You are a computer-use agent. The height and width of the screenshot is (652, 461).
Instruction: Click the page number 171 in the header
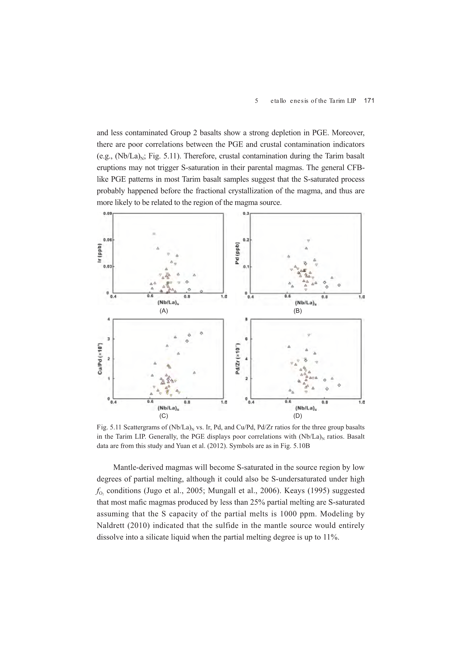[369, 100]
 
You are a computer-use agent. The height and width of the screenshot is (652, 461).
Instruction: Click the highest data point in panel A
[154, 234]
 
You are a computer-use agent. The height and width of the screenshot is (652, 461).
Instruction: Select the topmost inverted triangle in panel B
[308, 240]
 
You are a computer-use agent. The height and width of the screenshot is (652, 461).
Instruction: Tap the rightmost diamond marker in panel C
[201, 333]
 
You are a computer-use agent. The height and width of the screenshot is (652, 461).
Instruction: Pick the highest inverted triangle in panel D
[309, 335]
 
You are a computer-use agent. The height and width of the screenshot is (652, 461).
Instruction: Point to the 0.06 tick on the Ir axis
[107, 240]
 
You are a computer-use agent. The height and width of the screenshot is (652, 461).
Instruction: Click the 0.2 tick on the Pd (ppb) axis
[245, 240]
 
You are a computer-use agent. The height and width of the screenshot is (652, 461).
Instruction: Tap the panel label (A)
[164, 311]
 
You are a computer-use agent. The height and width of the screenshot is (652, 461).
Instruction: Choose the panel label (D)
[297, 416]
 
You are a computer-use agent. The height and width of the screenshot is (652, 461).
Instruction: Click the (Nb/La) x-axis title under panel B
[306, 303]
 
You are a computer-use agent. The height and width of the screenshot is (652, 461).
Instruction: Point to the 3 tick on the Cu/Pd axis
[109, 339]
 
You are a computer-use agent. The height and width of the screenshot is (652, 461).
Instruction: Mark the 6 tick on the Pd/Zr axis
[246, 339]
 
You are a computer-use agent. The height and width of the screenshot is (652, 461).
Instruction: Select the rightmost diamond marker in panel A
[201, 291]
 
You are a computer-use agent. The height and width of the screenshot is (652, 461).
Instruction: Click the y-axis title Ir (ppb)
[99, 253]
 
